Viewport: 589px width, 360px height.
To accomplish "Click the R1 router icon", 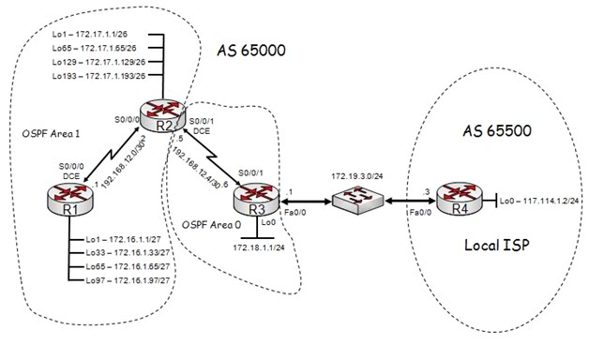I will (x=50, y=199).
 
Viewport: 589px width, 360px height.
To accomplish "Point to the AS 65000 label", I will (x=252, y=49).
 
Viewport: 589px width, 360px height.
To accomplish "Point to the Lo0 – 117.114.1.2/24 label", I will (x=538, y=201).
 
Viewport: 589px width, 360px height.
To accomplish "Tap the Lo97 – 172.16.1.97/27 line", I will (x=121, y=280).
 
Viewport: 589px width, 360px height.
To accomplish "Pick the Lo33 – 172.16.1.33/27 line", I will (x=121, y=253).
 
